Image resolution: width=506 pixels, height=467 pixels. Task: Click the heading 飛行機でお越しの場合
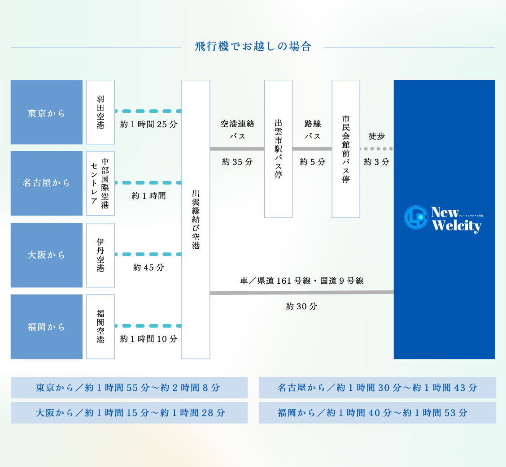[253, 47]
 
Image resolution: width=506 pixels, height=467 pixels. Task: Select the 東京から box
[47, 112]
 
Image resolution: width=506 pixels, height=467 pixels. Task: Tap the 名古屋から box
[47, 183]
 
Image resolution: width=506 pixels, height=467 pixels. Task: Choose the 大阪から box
[47, 255]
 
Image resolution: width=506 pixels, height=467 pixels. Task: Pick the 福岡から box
[47, 327]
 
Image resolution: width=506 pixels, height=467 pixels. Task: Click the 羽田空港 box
[100, 112]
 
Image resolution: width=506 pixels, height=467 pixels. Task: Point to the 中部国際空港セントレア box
[100, 183]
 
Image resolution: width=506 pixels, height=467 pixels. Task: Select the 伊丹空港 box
[100, 255]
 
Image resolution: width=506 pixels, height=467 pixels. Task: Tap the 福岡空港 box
[100, 327]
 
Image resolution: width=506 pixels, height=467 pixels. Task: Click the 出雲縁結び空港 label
[196, 219]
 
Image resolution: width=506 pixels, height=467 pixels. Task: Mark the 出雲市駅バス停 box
[278, 149]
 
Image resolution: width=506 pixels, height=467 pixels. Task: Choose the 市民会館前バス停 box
[346, 149]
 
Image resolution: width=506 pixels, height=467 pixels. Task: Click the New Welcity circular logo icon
[416, 217]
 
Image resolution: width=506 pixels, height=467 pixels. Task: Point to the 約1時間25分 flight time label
[148, 125]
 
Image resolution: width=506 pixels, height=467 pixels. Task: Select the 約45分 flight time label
[148, 268]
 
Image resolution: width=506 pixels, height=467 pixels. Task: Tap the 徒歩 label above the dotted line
[376, 136]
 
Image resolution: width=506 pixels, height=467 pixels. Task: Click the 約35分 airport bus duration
[237, 162]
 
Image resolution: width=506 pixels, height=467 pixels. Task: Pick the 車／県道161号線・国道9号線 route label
[301, 281]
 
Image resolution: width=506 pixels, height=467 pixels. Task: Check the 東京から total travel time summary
[129, 388]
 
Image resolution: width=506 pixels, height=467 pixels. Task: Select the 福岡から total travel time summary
[377, 413]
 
